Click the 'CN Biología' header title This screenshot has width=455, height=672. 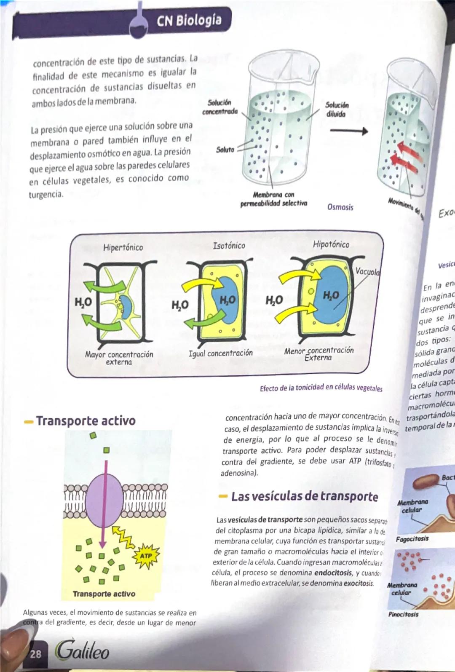189,20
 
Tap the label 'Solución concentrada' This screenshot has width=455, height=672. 220,107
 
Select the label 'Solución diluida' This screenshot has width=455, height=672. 337,110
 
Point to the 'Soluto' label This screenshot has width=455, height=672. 225,150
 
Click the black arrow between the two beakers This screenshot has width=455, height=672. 348,131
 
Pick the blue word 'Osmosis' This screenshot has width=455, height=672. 340,207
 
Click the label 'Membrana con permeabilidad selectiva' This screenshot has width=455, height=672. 273,199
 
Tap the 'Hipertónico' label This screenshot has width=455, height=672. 123,247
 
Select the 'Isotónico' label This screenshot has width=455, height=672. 229,245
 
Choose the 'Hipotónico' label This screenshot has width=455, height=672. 331,244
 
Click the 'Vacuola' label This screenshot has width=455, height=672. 368,271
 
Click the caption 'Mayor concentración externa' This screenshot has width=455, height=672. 119,358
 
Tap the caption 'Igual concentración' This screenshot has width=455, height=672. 220,353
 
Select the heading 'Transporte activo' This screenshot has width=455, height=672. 86,420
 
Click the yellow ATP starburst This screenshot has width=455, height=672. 146,556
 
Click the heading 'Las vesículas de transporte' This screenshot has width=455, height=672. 304,496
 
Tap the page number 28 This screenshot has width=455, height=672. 36,653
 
